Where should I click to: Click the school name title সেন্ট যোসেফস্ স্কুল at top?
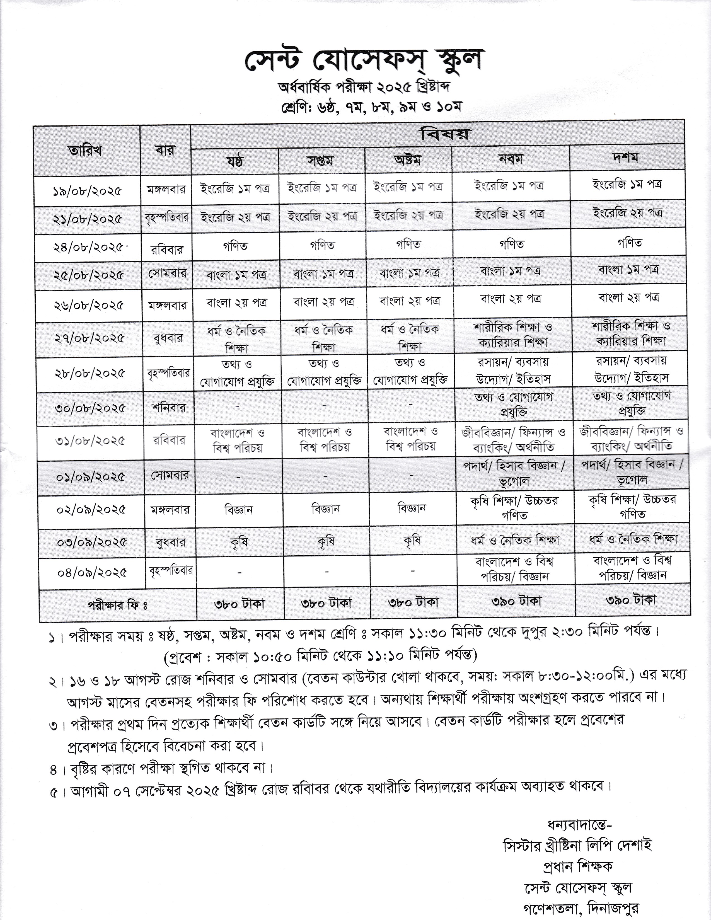pyautogui.click(x=362, y=61)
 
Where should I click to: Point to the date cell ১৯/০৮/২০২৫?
pyautogui.click(x=88, y=191)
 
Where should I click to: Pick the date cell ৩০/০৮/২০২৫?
pyautogui.click(x=90, y=408)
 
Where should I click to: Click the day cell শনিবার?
pyautogui.click(x=168, y=407)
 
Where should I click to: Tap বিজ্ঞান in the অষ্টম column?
pyautogui.click(x=412, y=508)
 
